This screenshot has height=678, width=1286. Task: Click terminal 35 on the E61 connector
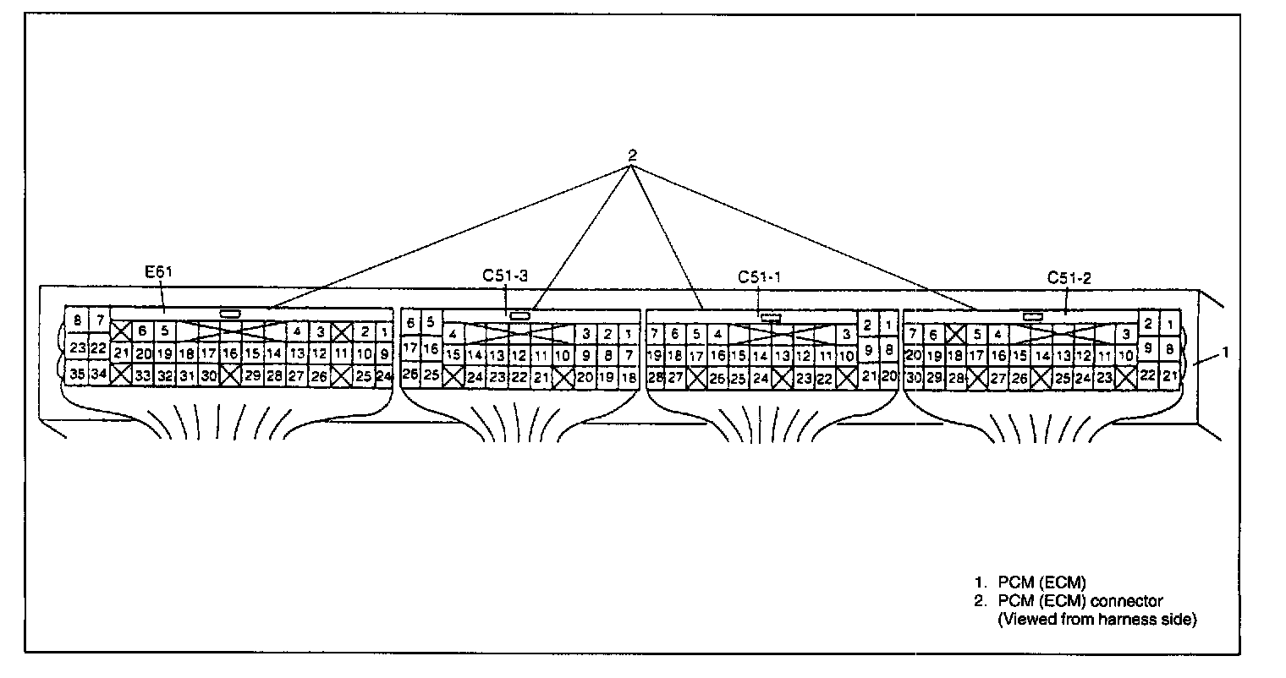pyautogui.click(x=77, y=375)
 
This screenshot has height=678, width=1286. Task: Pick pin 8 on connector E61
pyautogui.click(x=77, y=320)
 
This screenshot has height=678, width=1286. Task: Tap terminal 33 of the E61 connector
pyautogui.click(x=143, y=376)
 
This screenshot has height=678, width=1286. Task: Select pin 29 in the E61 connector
pyautogui.click(x=252, y=376)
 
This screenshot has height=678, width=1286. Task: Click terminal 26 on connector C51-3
pyautogui.click(x=410, y=374)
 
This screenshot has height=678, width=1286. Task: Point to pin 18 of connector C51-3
pyautogui.click(x=629, y=378)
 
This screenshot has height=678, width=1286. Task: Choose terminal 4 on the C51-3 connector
pyautogui.click(x=453, y=333)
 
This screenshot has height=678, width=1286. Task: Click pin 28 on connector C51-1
pyautogui.click(x=654, y=378)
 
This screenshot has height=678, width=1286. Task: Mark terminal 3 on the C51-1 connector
pyautogui.click(x=845, y=334)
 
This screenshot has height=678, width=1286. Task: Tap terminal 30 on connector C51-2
pyautogui.click(x=912, y=378)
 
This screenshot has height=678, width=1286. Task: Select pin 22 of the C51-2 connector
pyautogui.click(x=1147, y=375)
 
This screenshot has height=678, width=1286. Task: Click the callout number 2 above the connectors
pyautogui.click(x=631, y=156)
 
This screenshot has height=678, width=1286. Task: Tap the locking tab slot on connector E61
pyautogui.click(x=229, y=314)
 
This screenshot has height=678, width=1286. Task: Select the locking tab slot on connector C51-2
pyautogui.click(x=1032, y=315)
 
